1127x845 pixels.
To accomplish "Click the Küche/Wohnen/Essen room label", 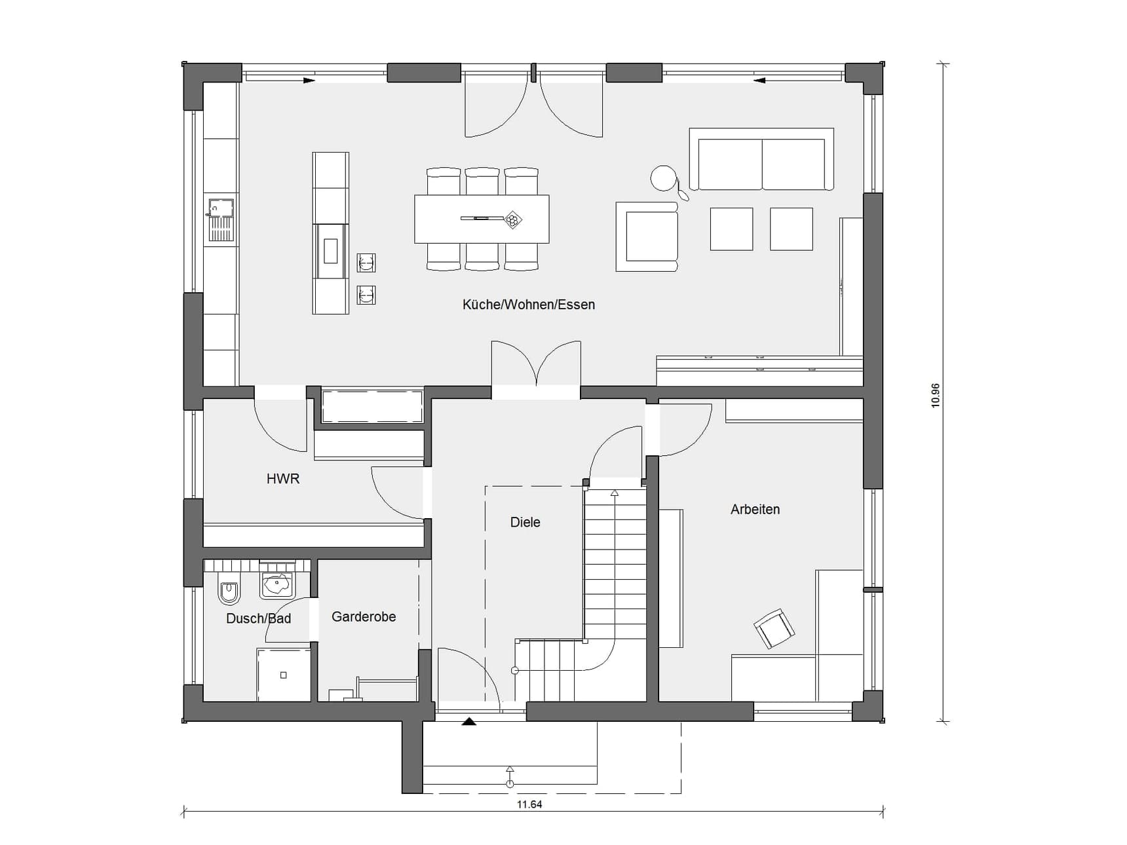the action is click(x=528, y=305).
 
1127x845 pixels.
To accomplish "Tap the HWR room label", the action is click(x=283, y=479).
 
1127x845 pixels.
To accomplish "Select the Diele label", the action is click(x=525, y=522).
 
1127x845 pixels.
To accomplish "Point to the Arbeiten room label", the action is click(x=755, y=509).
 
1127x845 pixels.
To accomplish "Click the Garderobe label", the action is click(x=364, y=616).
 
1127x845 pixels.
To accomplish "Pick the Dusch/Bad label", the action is click(x=258, y=618).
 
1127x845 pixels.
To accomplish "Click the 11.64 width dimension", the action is click(x=529, y=804).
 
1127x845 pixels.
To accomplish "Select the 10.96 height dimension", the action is click(x=935, y=396).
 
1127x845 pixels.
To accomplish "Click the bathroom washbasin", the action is click(x=278, y=583).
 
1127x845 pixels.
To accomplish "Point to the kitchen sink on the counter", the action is click(x=220, y=220).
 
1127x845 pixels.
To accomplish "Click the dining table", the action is click(x=482, y=219).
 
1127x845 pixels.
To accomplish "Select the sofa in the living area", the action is click(x=761, y=159).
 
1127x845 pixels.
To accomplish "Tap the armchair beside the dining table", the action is click(x=647, y=236).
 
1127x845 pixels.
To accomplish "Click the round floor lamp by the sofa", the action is click(x=664, y=178).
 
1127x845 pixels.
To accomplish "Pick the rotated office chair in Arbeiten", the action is click(x=774, y=628).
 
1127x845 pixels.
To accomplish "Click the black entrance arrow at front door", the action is click(x=468, y=722).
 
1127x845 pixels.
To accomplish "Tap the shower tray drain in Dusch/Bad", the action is click(x=283, y=675).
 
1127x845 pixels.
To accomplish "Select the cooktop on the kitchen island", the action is click(x=331, y=251).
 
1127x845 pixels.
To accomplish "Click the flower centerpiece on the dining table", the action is click(x=512, y=220).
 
